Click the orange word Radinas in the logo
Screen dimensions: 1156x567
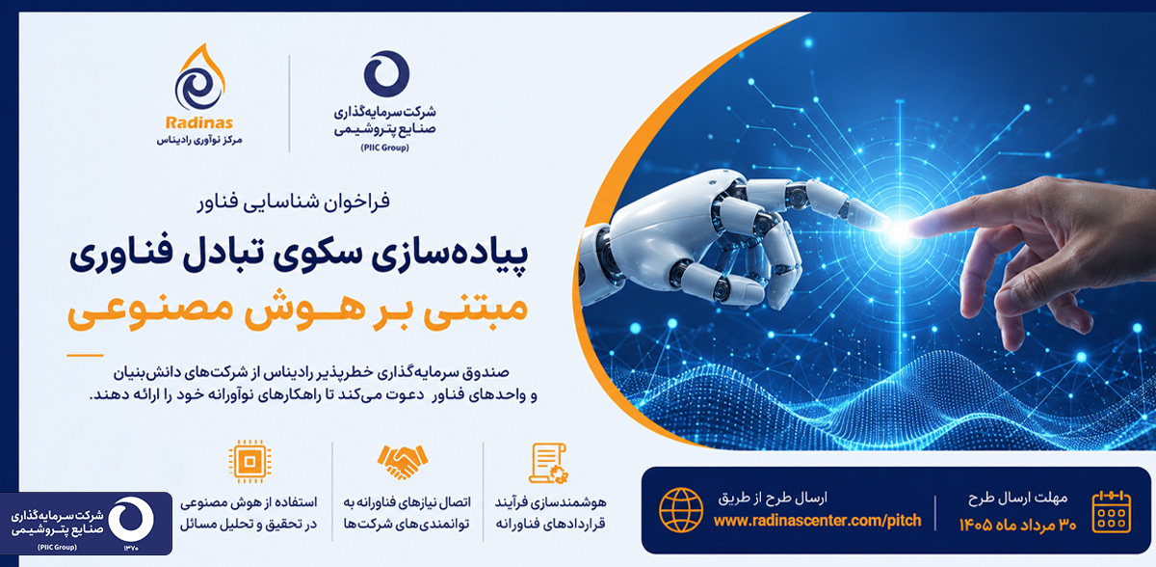(x=198, y=122)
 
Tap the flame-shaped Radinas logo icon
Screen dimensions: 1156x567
(x=199, y=77)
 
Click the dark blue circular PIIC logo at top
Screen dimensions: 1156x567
(x=386, y=74)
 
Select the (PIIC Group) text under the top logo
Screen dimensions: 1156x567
(x=385, y=148)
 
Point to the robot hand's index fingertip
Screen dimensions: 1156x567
(x=883, y=222)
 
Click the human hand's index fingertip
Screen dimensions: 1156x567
(x=917, y=227)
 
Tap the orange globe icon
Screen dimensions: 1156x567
(x=681, y=510)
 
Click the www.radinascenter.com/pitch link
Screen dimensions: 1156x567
(x=818, y=521)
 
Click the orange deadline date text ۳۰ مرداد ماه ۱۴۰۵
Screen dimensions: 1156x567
(x=1017, y=526)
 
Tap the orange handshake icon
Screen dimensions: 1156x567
(x=403, y=462)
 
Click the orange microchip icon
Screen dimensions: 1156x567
(x=250, y=462)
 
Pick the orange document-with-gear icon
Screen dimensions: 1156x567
(x=548, y=463)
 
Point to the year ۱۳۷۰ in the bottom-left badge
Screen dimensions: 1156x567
(x=131, y=548)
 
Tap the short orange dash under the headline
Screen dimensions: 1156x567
(x=85, y=355)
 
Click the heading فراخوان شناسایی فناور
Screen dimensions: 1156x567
(x=294, y=202)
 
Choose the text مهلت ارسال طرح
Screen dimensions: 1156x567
(x=1017, y=499)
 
